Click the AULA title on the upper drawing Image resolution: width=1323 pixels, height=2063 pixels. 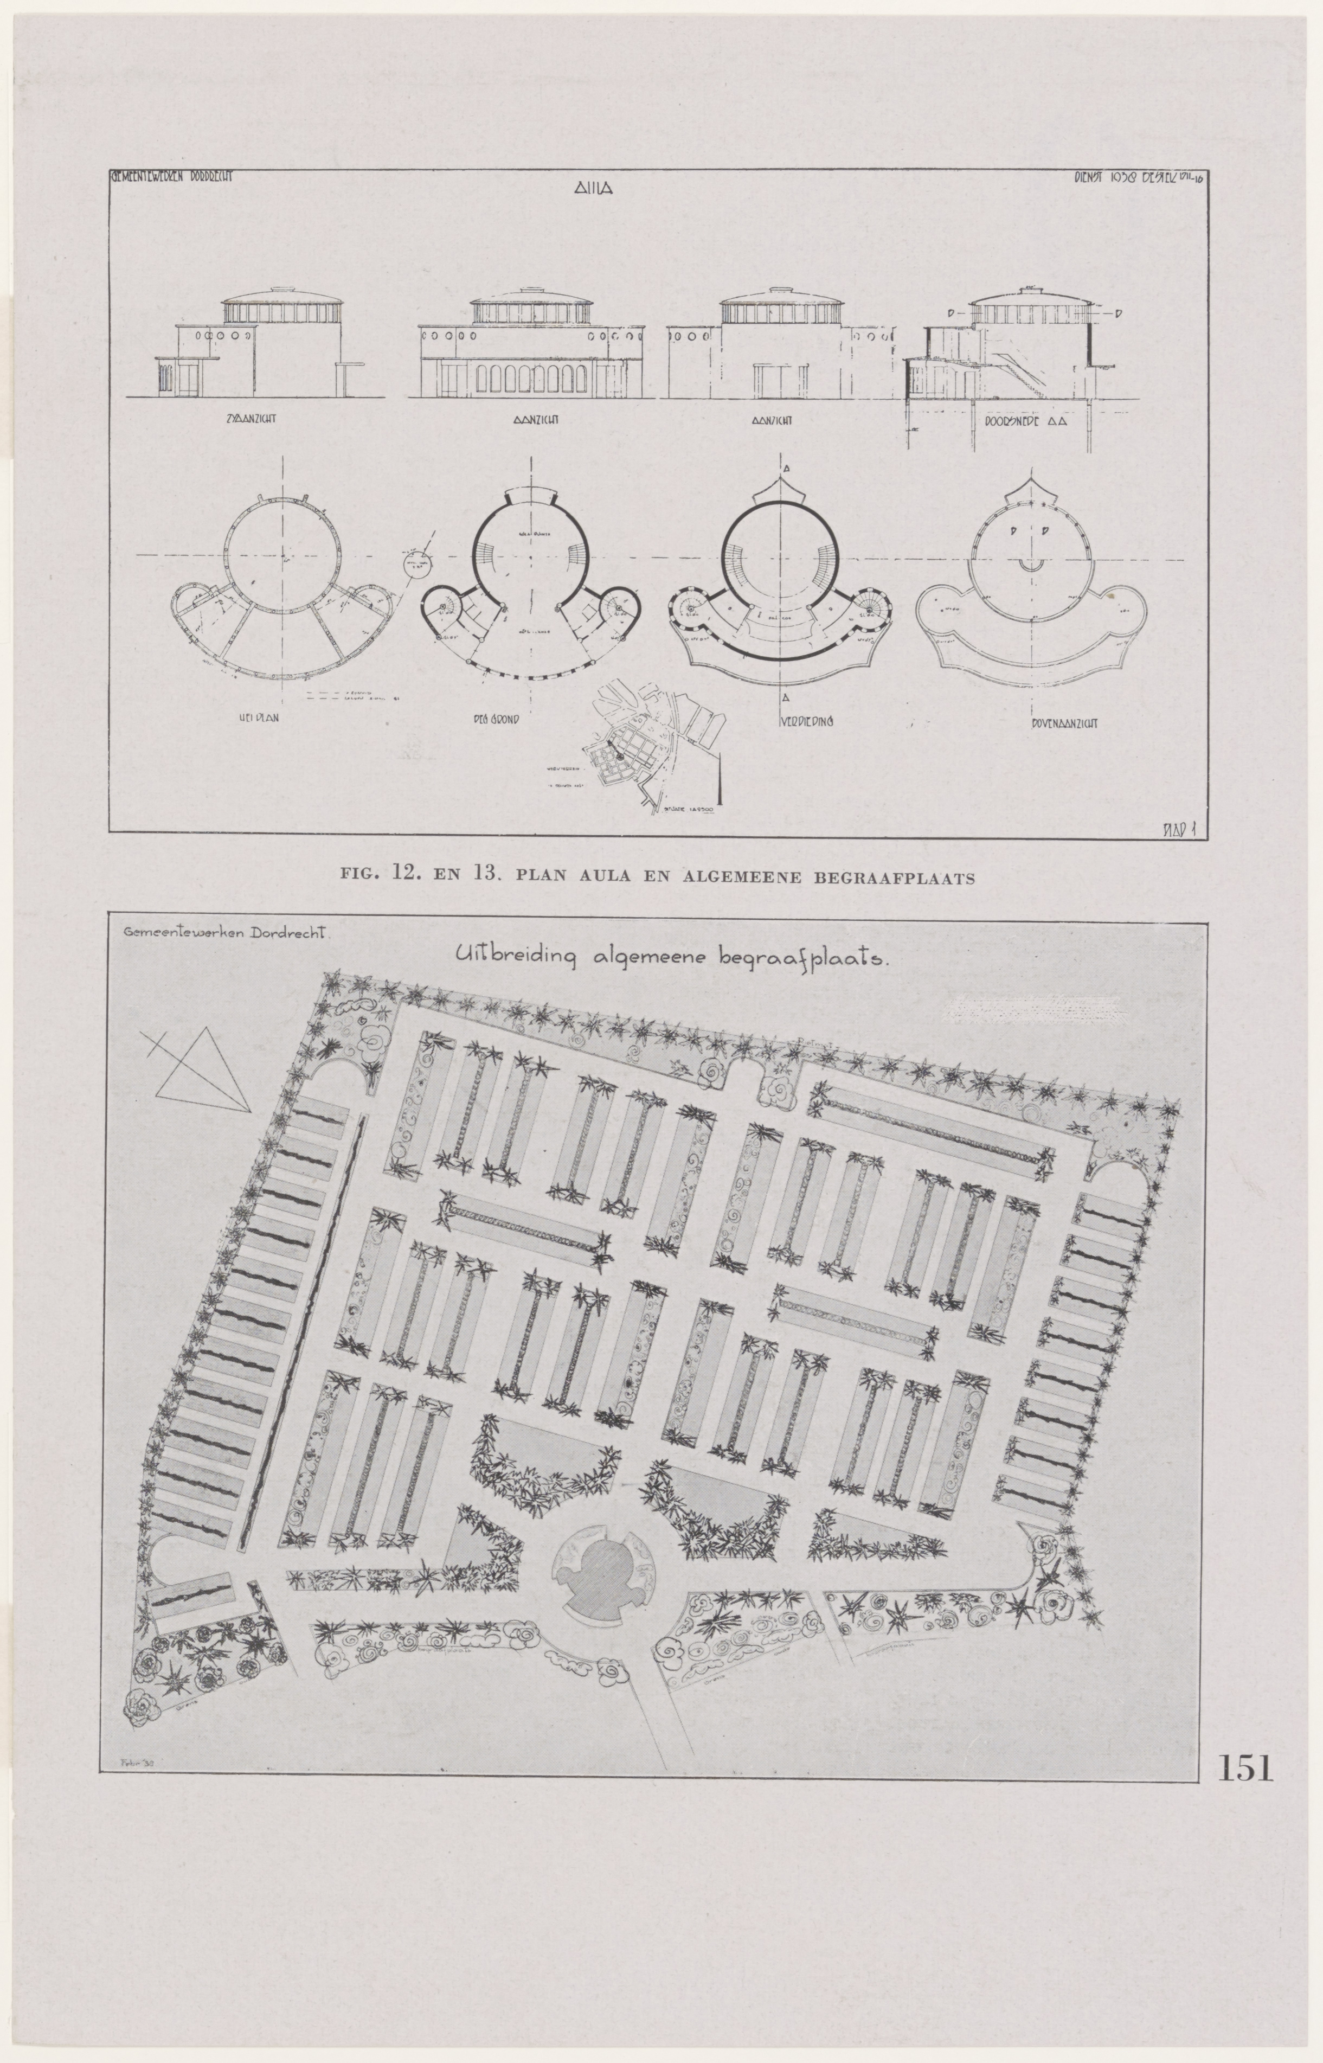click(x=593, y=193)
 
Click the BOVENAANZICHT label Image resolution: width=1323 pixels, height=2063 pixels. click(x=1064, y=723)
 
